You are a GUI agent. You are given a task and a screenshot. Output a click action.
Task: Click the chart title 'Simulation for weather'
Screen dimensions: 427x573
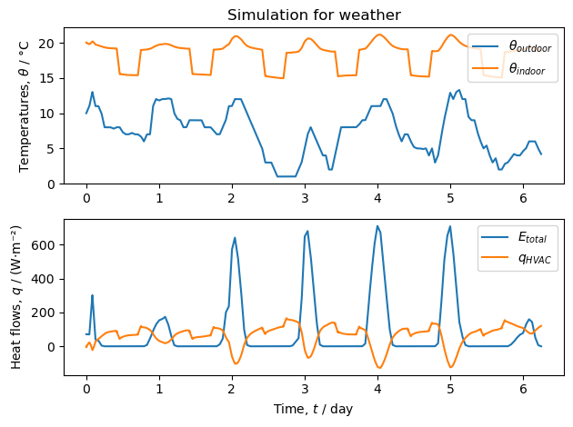pos(313,15)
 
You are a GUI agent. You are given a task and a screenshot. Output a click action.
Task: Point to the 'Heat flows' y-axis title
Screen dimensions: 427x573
pos(17,297)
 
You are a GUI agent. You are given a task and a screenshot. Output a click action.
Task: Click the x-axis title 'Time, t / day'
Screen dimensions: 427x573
pos(313,409)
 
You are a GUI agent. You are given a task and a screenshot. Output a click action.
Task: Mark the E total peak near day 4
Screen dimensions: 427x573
pos(377,226)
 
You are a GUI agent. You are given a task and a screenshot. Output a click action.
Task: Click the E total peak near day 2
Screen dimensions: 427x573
pos(235,238)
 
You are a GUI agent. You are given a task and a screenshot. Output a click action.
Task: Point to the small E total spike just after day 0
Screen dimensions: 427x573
pos(92,295)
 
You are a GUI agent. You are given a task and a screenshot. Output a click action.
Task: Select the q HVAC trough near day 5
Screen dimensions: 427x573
pos(451,367)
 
